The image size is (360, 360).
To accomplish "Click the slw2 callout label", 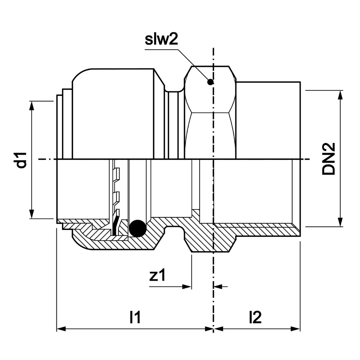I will click(x=162, y=40).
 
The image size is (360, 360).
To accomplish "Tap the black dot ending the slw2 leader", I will click(x=211, y=82).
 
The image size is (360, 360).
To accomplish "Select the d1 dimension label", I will click(x=22, y=160).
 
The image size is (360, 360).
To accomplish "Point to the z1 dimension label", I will click(x=157, y=276).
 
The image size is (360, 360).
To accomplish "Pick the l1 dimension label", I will click(x=135, y=318).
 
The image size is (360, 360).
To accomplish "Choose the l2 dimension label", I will click(x=255, y=318).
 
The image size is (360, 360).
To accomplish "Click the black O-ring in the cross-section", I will click(x=138, y=228).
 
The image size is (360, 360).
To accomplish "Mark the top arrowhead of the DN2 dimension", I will click(x=340, y=94).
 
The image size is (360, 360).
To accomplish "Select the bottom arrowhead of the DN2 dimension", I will click(x=340, y=223).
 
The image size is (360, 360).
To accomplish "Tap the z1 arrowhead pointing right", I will click(x=187, y=287).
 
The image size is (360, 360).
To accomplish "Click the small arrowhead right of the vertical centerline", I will click(x=217, y=287).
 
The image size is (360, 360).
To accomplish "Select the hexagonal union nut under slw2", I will click(x=210, y=112).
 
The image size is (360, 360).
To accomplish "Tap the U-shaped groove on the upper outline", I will click(x=175, y=88).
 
